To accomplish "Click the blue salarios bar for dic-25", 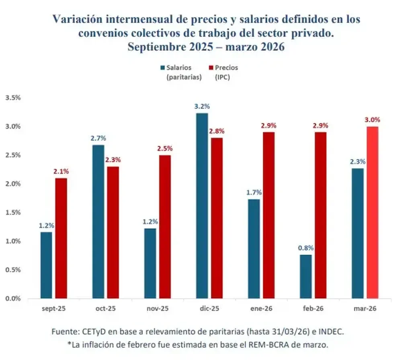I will click(202, 206).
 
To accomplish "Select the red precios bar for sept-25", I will click(61, 238).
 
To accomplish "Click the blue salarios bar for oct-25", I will click(98, 222).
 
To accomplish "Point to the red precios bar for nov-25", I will click(165, 227).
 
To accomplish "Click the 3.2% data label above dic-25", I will click(202, 107).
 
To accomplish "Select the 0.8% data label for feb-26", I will click(306, 248).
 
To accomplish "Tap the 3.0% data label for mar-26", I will click(373, 120).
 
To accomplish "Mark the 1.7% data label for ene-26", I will click(254, 193).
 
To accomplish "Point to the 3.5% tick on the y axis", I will click(12, 98).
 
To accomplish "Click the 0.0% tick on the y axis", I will click(12, 298).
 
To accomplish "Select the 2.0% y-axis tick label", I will click(12, 184).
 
